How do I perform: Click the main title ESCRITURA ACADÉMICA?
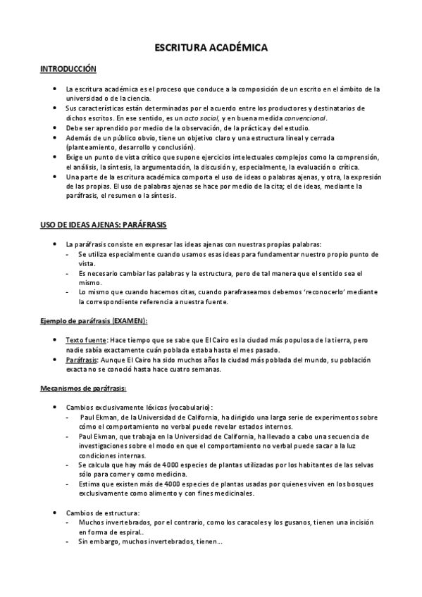pos(211,48)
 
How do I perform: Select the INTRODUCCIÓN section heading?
pos(68,69)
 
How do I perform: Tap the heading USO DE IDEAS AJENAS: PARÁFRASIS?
pos(103,224)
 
